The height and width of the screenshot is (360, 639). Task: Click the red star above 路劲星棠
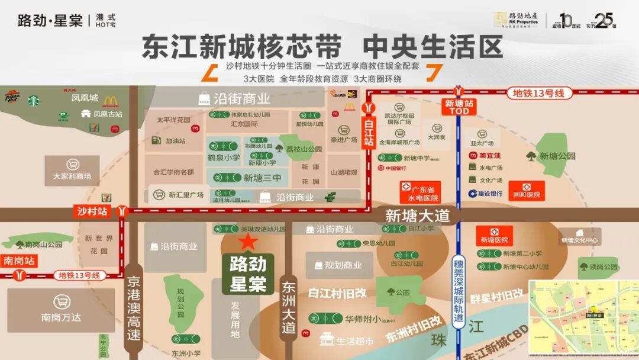(248, 241)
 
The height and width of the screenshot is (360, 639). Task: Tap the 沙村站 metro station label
(92, 210)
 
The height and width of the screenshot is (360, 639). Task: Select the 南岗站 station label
(18, 260)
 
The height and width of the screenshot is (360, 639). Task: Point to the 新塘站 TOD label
(459, 107)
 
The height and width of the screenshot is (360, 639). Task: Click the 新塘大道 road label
(418, 216)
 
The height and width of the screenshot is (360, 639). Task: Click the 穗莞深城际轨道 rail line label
(458, 290)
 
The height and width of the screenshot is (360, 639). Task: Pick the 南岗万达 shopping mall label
(61, 317)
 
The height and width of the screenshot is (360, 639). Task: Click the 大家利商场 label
(72, 176)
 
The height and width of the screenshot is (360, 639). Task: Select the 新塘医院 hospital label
(495, 240)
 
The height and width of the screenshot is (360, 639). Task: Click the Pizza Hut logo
(13, 98)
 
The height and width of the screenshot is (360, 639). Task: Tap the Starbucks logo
(33, 101)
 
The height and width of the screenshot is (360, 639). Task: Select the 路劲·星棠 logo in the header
(50, 21)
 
